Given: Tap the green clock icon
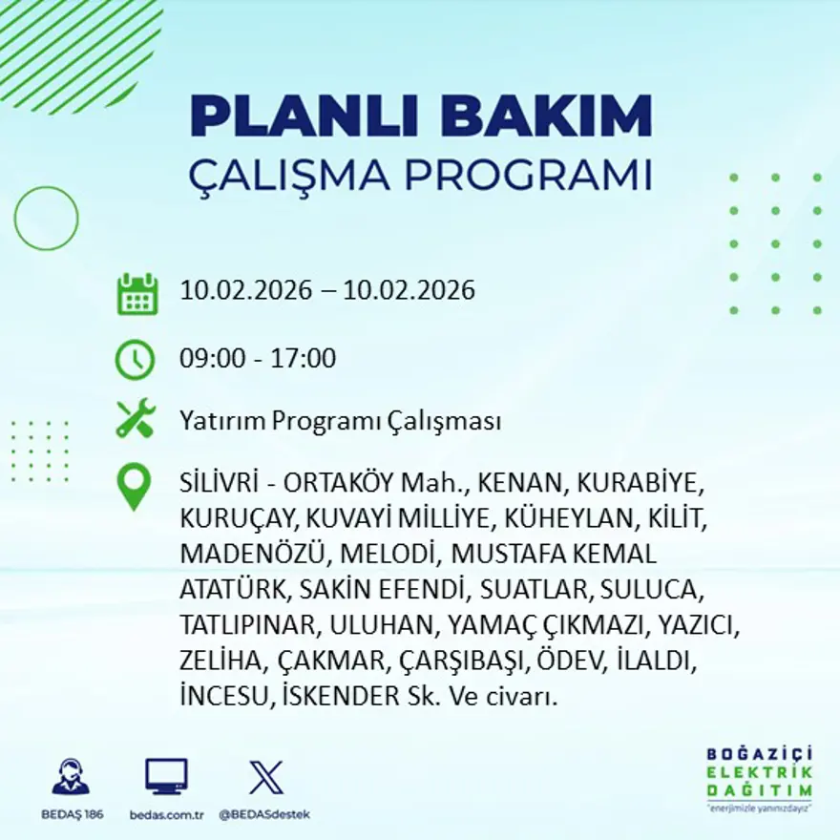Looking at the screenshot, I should click(135, 359).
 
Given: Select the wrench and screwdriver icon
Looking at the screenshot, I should click(135, 419).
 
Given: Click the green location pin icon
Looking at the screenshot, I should click(134, 485).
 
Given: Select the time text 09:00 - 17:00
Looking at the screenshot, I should click(258, 359).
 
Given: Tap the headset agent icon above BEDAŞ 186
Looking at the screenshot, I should click(71, 777).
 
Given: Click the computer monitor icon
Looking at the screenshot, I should click(166, 776).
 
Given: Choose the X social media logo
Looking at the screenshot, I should click(265, 776).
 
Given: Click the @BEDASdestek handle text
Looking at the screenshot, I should click(264, 814).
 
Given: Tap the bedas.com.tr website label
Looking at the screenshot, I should click(167, 814).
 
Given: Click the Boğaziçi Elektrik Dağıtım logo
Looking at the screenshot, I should click(759, 778).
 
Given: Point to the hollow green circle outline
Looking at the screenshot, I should click(46, 219).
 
